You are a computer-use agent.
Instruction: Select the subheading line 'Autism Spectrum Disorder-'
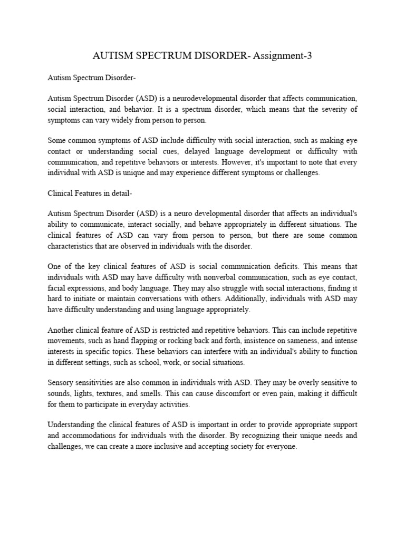(92, 79)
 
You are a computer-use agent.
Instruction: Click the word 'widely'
(134, 120)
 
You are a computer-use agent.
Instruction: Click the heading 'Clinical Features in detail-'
(90, 193)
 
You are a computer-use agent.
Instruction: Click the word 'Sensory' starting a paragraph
(61, 382)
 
